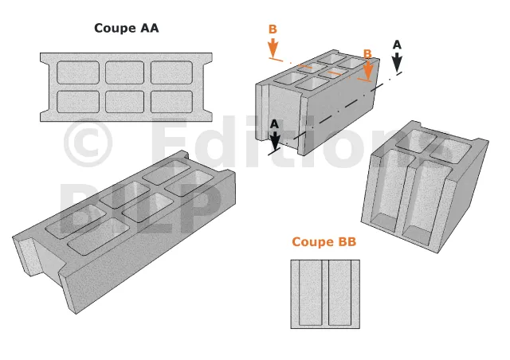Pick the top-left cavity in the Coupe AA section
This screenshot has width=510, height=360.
click(x=78, y=72)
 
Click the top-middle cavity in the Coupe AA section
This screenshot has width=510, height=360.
click(x=124, y=72)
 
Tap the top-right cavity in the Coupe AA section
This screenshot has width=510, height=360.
click(x=172, y=72)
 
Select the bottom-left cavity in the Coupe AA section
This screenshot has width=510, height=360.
click(x=78, y=102)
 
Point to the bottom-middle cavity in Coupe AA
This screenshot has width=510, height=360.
click(x=124, y=102)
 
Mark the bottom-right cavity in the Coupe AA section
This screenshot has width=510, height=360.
click(x=172, y=102)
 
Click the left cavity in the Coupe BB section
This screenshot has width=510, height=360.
click(x=310, y=292)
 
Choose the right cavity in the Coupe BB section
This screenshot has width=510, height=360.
click(x=340, y=292)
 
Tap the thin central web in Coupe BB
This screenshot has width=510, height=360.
click(x=325, y=292)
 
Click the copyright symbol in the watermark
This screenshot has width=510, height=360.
click(x=88, y=143)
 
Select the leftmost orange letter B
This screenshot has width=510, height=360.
click(x=273, y=29)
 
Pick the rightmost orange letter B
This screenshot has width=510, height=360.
click(x=367, y=53)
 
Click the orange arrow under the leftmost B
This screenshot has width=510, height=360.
click(x=273, y=47)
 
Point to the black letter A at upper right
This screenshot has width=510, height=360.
click(x=397, y=45)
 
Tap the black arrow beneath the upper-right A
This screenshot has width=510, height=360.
click(x=397, y=62)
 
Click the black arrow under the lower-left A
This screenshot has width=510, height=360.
click(x=275, y=140)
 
